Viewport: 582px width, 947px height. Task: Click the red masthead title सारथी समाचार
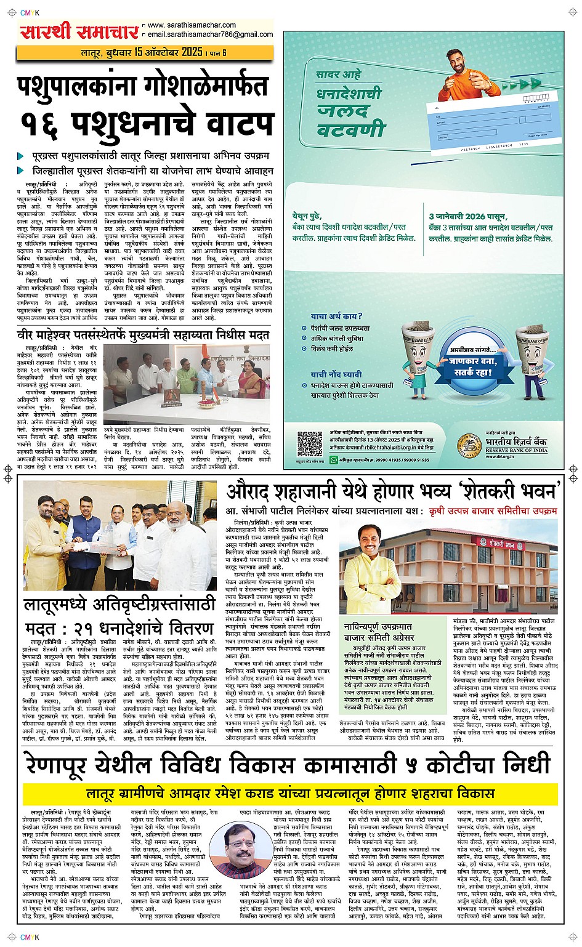point(79,31)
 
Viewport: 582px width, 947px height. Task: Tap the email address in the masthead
point(209,34)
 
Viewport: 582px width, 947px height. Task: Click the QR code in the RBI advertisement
point(310,444)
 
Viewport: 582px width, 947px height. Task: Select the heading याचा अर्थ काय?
point(336,316)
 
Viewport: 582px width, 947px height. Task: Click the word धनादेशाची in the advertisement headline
point(349,94)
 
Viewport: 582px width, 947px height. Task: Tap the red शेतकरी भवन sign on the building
point(499,545)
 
